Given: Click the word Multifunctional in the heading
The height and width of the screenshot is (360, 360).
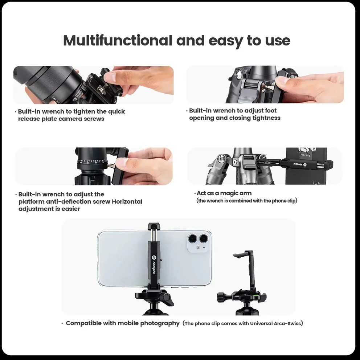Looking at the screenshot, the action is pos(118,41).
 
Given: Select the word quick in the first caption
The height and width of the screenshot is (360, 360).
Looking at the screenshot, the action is pos(116,112).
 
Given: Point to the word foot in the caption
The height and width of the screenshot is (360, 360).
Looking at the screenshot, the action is pos(271,110).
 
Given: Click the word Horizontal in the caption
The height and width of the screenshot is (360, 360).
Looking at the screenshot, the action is pos(127,201).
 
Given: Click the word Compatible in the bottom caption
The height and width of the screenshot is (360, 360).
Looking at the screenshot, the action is pos(83,323).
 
